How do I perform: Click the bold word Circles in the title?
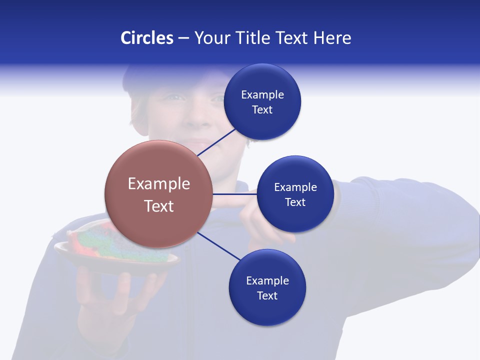click(x=146, y=38)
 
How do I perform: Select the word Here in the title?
click(x=332, y=38)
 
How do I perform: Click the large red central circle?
click(x=159, y=194)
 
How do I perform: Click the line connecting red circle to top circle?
click(x=216, y=142)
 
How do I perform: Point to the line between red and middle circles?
click(x=235, y=194)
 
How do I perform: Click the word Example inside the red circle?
click(x=159, y=183)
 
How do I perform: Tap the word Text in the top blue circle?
click(x=262, y=110)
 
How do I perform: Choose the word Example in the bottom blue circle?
click(x=267, y=280)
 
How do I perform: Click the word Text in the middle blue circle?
click(x=295, y=202)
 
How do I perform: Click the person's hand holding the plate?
click(x=110, y=300)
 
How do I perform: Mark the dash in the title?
click(x=183, y=38)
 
